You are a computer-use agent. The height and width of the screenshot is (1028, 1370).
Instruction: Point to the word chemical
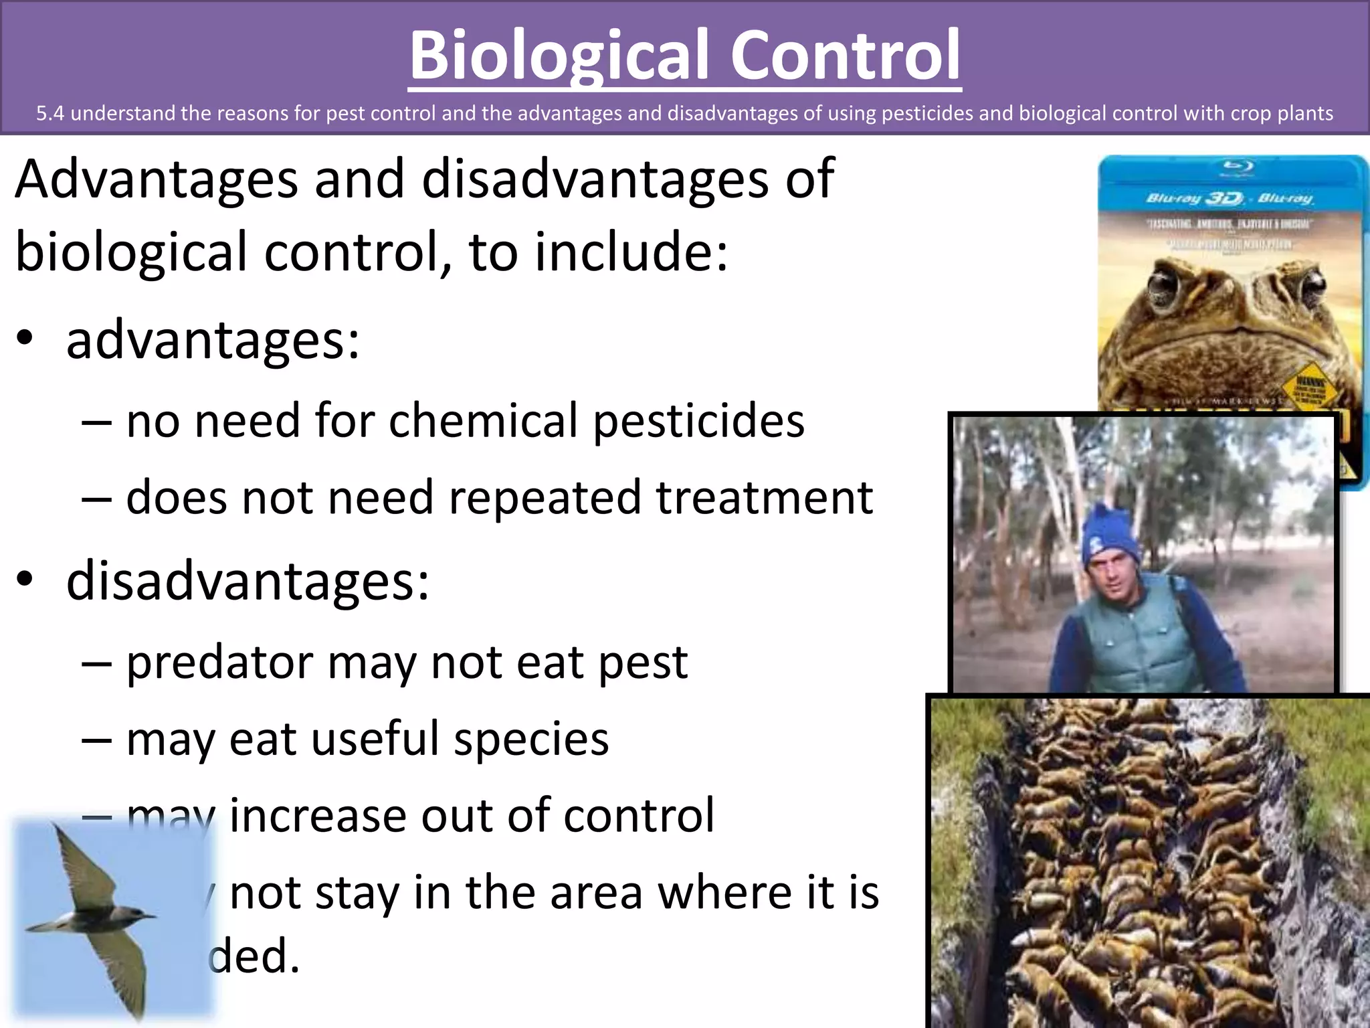click(x=483, y=422)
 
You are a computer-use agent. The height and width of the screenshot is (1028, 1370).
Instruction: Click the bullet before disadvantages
click(x=25, y=580)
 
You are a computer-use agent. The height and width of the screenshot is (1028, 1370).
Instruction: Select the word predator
click(x=220, y=663)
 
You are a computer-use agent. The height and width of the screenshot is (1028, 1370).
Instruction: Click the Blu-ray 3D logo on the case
click(x=1195, y=199)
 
